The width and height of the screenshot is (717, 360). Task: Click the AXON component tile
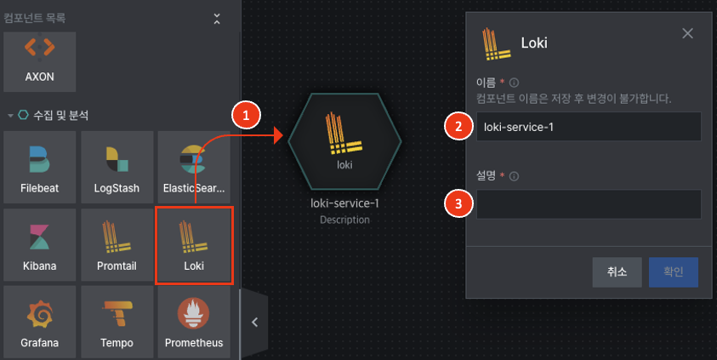point(40,62)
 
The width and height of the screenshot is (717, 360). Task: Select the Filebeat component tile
point(40,167)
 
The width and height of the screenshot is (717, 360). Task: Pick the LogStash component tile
point(117,167)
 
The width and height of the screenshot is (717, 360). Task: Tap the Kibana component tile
point(40,245)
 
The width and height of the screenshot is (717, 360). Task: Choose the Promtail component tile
point(117,245)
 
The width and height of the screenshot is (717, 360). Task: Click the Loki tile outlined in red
point(194,245)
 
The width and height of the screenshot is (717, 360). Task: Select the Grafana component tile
point(40,322)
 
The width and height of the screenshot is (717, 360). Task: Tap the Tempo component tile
point(117,322)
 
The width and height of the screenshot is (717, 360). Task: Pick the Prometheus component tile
point(194,322)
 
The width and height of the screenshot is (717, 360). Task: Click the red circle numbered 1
point(246,115)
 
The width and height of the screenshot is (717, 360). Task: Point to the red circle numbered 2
point(458,126)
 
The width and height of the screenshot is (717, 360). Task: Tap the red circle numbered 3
point(458,203)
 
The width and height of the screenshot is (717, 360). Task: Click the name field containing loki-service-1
point(589,126)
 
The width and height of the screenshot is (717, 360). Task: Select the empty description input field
point(589,204)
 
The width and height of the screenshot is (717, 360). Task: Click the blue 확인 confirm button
point(673,272)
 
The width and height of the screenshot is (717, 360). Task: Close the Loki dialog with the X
point(687,33)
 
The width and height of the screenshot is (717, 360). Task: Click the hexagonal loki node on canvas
point(344,141)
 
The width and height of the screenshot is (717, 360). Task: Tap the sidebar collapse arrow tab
point(254,323)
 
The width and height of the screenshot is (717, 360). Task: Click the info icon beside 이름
point(514,83)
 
